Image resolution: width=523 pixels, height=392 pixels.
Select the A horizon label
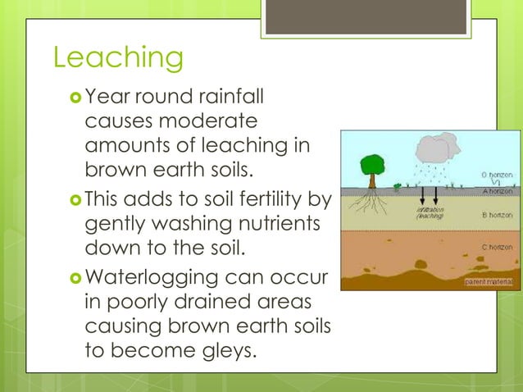[497, 190]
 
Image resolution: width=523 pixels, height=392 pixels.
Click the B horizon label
[497, 215]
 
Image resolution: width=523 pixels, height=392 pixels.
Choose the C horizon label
[497, 247]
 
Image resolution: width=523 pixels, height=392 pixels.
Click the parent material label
[489, 282]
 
